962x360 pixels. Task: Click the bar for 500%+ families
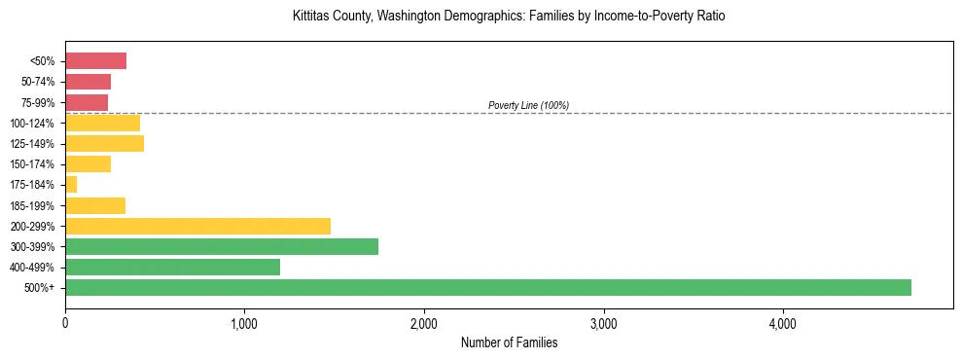pyautogui.click(x=487, y=287)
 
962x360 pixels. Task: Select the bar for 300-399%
pyautogui.click(x=222, y=246)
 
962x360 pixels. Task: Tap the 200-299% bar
pyautogui.click(x=197, y=226)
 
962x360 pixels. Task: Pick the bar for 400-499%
pyautogui.click(x=172, y=267)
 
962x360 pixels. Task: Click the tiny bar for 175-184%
pyautogui.click(x=71, y=184)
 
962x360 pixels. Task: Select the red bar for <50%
pyautogui.click(x=95, y=61)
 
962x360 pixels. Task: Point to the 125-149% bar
pyautogui.click(x=104, y=143)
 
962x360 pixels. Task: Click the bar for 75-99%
pyautogui.click(x=87, y=102)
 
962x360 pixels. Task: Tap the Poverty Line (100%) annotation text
pyautogui.click(x=528, y=105)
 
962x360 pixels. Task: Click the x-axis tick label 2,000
pyautogui.click(x=424, y=323)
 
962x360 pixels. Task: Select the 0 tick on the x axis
pyautogui.click(x=65, y=323)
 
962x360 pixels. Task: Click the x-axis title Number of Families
pyautogui.click(x=509, y=342)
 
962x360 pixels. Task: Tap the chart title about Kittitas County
pyautogui.click(x=509, y=17)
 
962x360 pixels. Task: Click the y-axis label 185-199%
pyautogui.click(x=32, y=205)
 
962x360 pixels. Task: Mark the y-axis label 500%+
pyautogui.click(x=40, y=288)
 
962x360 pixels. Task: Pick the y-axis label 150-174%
pyautogui.click(x=32, y=164)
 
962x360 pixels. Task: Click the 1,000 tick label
pyautogui.click(x=244, y=323)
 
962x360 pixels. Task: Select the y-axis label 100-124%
pyautogui.click(x=32, y=123)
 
